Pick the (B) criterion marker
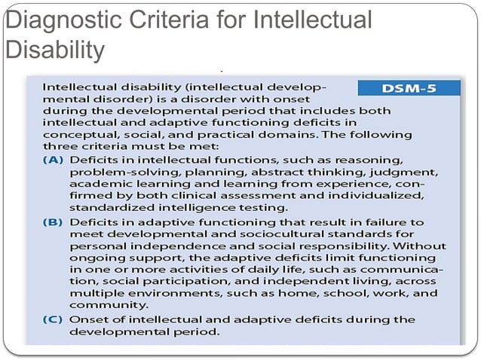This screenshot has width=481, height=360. tap(54, 222)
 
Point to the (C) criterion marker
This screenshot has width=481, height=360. tap(54, 319)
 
